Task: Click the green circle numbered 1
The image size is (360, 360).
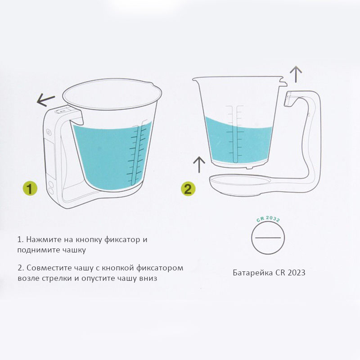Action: (x=30, y=188)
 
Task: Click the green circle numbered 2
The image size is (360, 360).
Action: (x=188, y=189)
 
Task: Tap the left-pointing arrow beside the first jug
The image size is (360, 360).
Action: (x=45, y=100)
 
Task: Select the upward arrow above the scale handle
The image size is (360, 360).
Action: (x=296, y=74)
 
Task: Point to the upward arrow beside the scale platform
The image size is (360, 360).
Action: (x=199, y=164)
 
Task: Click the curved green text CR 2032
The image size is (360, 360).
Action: (x=268, y=219)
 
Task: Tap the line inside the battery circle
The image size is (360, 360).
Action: (x=268, y=238)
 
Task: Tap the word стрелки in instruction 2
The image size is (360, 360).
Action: (x=57, y=279)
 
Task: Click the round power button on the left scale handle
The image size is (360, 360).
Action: (x=49, y=132)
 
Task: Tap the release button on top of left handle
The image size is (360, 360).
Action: (x=62, y=111)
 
